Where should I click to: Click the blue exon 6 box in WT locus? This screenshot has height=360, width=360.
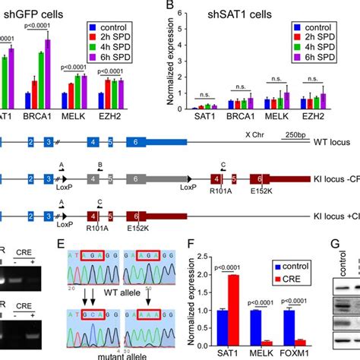tap(128, 142)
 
